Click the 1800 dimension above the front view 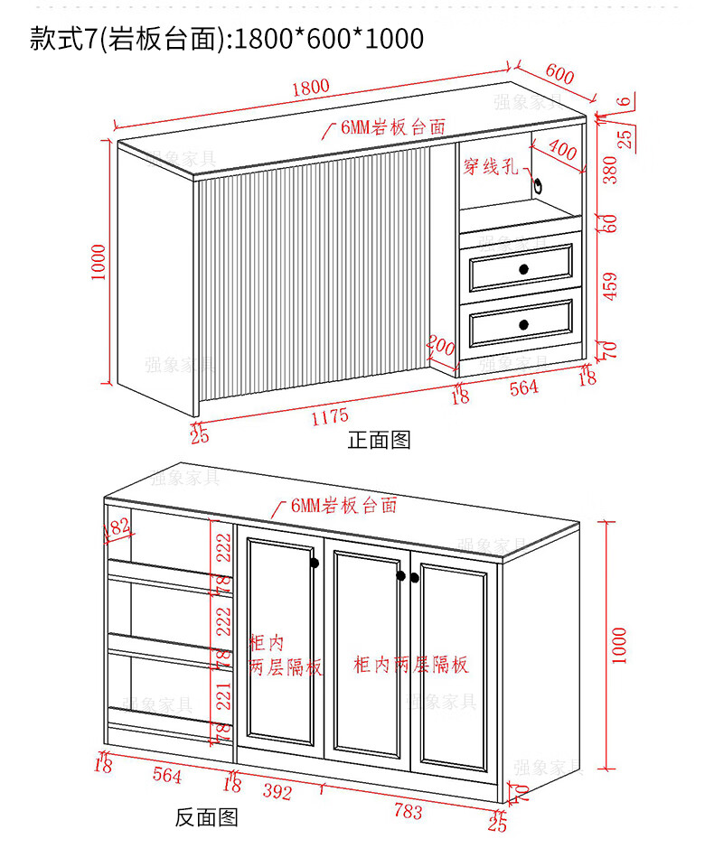[x=310, y=88]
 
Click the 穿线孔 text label [x=491, y=167]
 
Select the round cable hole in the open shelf [x=540, y=186]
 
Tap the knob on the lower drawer [x=523, y=324]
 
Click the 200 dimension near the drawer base [x=439, y=346]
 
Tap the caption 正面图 [x=380, y=440]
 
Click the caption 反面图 [x=206, y=817]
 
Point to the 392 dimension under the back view [x=277, y=792]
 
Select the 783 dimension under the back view [x=409, y=811]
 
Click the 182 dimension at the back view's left [x=117, y=528]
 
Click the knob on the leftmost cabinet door [x=315, y=564]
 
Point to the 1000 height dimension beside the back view [x=618, y=645]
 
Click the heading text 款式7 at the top [x=61, y=38]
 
